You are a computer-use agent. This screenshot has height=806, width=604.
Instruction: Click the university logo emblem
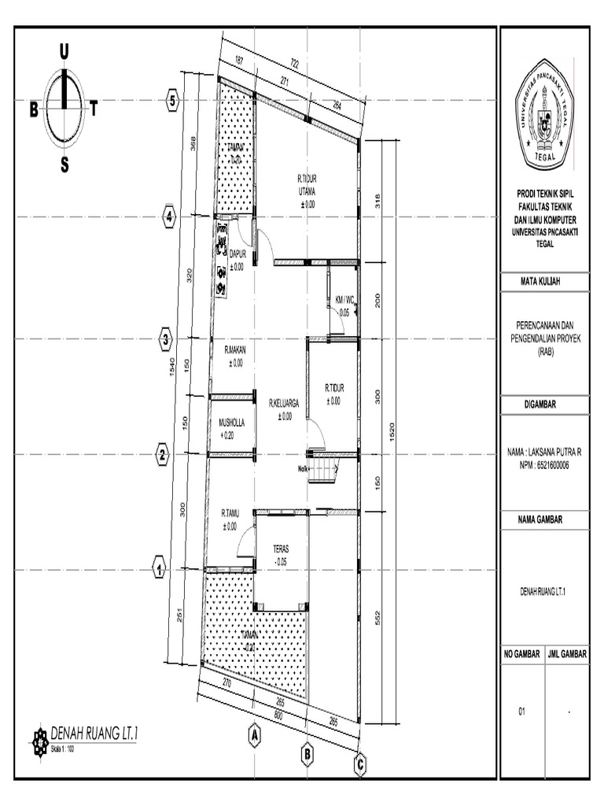click(x=544, y=116)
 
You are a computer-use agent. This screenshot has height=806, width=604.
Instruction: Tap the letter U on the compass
click(x=64, y=52)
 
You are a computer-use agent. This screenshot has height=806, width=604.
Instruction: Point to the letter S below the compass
click(x=64, y=165)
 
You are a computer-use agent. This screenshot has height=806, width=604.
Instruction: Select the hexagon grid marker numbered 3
click(x=165, y=339)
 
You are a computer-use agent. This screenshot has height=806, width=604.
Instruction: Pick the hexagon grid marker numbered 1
click(x=158, y=568)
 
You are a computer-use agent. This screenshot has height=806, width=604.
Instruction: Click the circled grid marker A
click(x=254, y=734)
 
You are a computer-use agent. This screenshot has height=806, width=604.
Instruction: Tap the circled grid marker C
click(x=360, y=763)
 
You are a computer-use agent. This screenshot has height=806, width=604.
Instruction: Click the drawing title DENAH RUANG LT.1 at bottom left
click(x=94, y=733)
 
